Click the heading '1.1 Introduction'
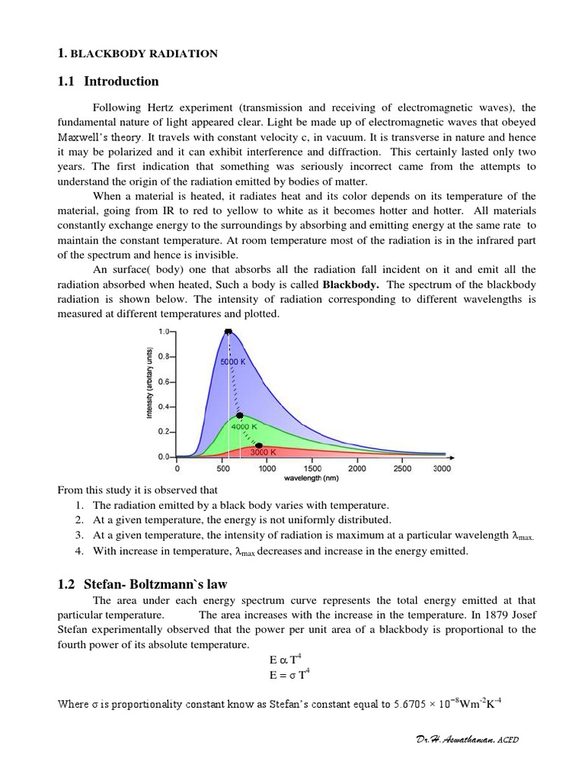point(108,82)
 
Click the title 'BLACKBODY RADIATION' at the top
point(144,53)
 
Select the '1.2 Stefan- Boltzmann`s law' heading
point(142,584)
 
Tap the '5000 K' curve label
point(233,362)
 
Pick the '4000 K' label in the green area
point(245,427)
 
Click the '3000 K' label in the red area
point(263,452)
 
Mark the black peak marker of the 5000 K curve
point(228,332)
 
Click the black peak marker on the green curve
point(240,416)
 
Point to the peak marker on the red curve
point(259,445)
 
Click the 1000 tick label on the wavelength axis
point(267,469)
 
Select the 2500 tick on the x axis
point(401,469)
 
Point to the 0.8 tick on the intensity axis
point(164,356)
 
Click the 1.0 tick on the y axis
point(164,332)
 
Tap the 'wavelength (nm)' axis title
point(311,478)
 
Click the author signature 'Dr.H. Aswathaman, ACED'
point(463,739)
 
